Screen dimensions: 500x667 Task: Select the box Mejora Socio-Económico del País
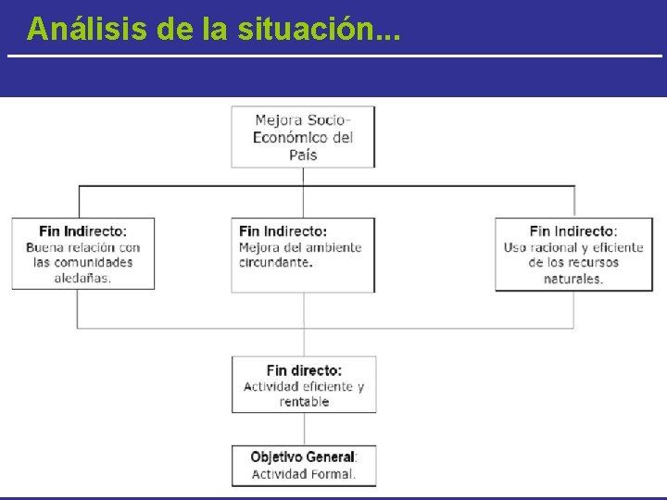click(303, 137)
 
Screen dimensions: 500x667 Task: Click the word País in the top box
click(303, 155)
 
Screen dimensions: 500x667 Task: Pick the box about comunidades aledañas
click(83, 254)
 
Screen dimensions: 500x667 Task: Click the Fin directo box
click(303, 384)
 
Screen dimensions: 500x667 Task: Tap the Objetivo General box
click(303, 465)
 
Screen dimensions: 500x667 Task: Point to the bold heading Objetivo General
click(303, 456)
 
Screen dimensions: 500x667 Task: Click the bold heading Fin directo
click(304, 370)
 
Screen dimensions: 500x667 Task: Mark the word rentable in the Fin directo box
click(304, 402)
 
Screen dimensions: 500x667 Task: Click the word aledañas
click(82, 278)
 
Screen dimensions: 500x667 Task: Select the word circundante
click(275, 262)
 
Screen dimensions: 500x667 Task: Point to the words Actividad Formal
click(303, 474)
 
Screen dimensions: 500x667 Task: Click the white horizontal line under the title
click(333, 56)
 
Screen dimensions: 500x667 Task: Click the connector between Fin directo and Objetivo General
click(303, 429)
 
